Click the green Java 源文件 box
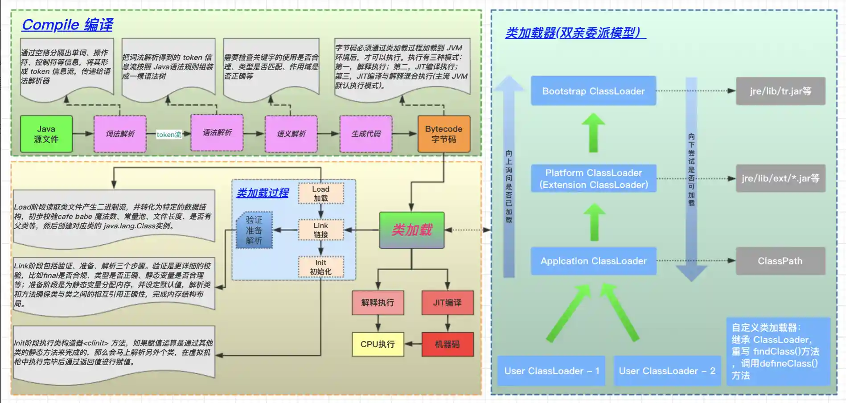pyautogui.click(x=46, y=134)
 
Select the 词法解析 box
pyautogui.click(x=120, y=134)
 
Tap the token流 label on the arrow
pyautogui.click(x=169, y=134)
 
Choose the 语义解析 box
pyautogui.click(x=291, y=134)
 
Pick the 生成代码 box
pyautogui.click(x=366, y=134)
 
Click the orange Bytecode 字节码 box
pyautogui.click(x=444, y=134)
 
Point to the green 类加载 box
pyautogui.click(x=412, y=230)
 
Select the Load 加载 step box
pyautogui.click(x=320, y=193)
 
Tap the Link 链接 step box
pyautogui.click(x=320, y=230)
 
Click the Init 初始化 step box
pyautogui.click(x=320, y=267)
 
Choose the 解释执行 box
pyautogui.click(x=378, y=303)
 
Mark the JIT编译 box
pyautogui.click(x=447, y=303)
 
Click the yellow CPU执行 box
pyautogui.click(x=378, y=344)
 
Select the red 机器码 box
pyautogui.click(x=447, y=344)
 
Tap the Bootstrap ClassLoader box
pyautogui.click(x=593, y=91)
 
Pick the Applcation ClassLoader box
pyautogui.click(x=593, y=261)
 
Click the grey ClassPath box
pyautogui.click(x=780, y=261)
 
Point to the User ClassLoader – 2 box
pyautogui.click(x=667, y=371)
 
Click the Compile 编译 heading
pyautogui.click(x=67, y=25)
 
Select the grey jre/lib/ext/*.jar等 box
pyautogui.click(x=780, y=178)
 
